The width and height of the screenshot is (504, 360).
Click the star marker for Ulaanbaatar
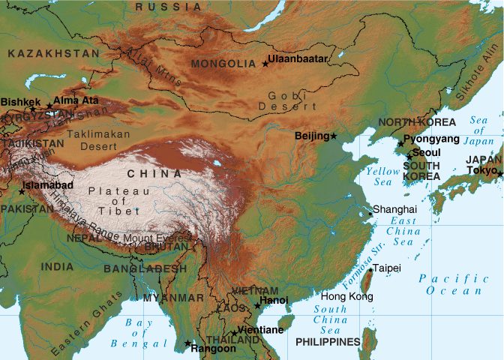[265, 64]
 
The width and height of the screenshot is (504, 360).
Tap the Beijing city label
[313, 136]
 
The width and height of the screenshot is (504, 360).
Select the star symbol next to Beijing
[334, 136]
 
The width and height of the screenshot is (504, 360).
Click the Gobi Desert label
[283, 100]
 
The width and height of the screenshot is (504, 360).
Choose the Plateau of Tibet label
[114, 200]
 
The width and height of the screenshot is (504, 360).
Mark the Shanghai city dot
[370, 214]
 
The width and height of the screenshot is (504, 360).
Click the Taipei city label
[388, 268]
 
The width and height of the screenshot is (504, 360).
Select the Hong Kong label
[346, 296]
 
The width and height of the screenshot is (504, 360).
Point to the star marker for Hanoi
[258, 306]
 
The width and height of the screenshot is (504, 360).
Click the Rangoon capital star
[187, 343]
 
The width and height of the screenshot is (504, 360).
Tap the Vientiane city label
[261, 330]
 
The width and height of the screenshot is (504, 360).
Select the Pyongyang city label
[431, 139]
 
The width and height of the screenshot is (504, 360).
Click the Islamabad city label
[48, 184]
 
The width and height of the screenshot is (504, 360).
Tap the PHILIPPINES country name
[328, 342]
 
